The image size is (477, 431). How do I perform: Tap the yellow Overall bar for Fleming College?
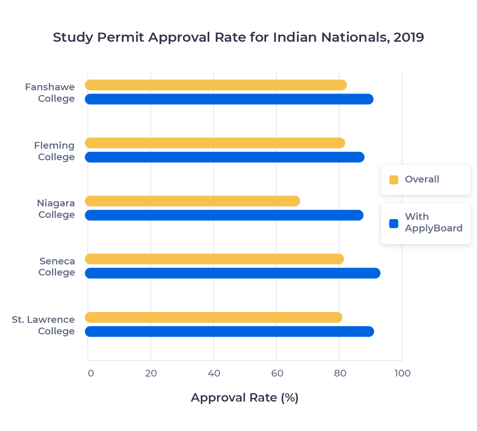215,143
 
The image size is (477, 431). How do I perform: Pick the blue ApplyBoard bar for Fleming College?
224,157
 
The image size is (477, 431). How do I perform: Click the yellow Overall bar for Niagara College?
192,201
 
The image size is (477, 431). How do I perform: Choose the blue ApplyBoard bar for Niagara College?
224,215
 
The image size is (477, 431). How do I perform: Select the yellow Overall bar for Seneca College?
214,259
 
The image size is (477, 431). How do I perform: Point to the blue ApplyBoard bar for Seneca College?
232,273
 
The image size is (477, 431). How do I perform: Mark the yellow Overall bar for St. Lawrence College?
213,317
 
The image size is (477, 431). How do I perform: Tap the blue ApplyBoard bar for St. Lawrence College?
229,332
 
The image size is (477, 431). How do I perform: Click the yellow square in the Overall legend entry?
394,180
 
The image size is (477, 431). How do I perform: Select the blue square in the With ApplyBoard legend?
394,223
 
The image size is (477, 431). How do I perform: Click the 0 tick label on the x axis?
91,373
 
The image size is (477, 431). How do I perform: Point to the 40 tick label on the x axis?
214,373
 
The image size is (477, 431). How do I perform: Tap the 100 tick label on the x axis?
402,373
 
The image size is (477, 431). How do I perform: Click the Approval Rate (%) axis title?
244,398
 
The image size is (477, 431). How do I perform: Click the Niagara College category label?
56,209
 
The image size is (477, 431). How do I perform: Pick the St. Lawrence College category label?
43,325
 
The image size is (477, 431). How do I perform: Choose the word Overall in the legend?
422,179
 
